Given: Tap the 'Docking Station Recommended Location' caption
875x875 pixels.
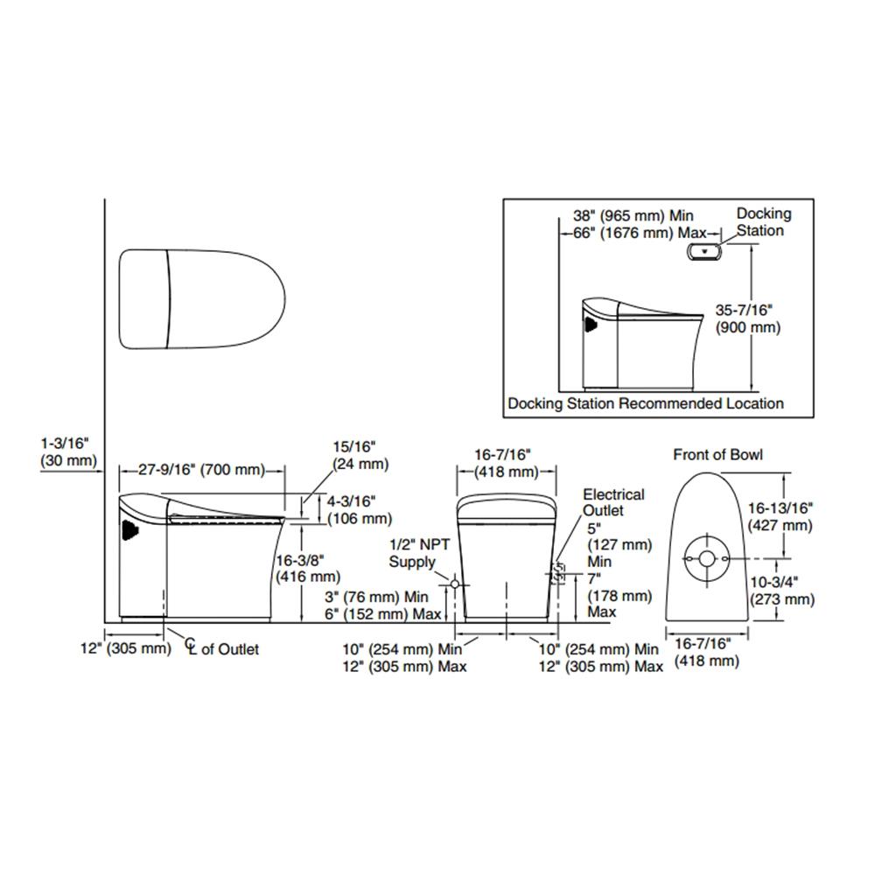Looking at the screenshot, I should click(x=646, y=403).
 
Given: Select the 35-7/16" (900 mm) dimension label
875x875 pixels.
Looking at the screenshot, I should click(x=748, y=318).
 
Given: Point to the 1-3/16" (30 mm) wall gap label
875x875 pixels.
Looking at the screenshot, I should click(x=66, y=453).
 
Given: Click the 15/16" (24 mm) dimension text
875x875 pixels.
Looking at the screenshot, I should click(x=359, y=456).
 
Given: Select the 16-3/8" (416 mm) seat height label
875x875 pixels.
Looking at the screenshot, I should click(x=307, y=568).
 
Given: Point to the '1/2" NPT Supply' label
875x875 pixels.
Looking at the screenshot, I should click(x=418, y=553).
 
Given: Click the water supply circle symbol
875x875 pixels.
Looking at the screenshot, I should click(x=453, y=583).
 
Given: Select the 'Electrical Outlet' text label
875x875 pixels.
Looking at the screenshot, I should click(x=613, y=502).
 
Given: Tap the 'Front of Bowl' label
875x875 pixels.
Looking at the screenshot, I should click(x=717, y=454).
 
